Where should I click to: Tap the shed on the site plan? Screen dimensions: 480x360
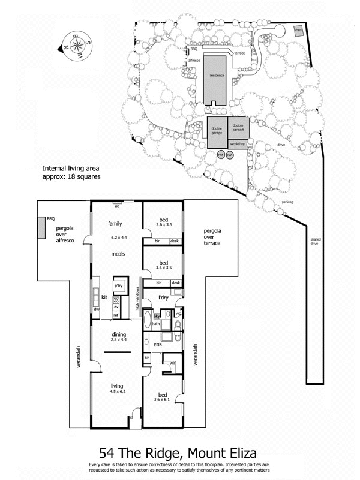click(298, 30)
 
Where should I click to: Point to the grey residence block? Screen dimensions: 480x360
click(217, 79)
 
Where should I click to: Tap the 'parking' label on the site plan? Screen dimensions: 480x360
click(287, 202)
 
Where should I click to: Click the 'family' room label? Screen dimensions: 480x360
click(115, 223)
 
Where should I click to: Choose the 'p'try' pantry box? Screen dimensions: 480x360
click(119, 286)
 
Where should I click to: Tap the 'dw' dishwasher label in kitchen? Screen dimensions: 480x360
click(97, 309)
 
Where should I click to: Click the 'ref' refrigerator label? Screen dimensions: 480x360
click(116, 315)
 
